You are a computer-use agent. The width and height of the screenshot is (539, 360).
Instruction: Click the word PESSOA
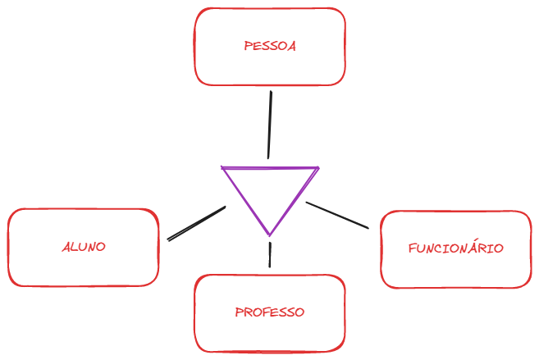[x=270, y=47]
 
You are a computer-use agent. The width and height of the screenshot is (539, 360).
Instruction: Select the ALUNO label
[x=84, y=246]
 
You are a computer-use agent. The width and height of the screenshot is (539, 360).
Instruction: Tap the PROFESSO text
[x=270, y=312]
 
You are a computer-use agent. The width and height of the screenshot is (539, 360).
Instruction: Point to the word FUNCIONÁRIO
[x=455, y=248]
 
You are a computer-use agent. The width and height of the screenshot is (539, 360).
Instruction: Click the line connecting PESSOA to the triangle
[x=269, y=123]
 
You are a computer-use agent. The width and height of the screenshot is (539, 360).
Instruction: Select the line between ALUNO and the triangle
[x=196, y=223]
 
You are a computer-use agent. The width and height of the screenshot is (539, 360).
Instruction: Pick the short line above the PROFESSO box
[x=270, y=256]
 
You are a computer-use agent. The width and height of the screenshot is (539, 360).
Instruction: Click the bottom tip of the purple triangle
[x=269, y=235]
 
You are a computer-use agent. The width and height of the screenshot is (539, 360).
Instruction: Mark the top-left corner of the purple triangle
[x=222, y=168]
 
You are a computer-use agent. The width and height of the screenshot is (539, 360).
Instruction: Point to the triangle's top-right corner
[x=317, y=169]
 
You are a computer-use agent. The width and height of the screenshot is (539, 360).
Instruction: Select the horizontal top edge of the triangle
[x=269, y=168]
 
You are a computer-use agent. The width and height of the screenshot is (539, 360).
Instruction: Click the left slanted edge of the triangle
[x=245, y=202]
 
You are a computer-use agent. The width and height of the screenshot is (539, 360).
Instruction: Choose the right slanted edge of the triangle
[x=294, y=202]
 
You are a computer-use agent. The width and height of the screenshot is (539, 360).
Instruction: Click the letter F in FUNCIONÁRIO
[x=412, y=248]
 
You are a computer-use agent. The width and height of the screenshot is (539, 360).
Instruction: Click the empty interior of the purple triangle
[x=269, y=189]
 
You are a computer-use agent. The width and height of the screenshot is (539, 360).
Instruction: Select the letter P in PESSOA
[x=248, y=47]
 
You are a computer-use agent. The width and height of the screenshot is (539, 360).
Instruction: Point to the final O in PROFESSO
[x=300, y=312]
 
